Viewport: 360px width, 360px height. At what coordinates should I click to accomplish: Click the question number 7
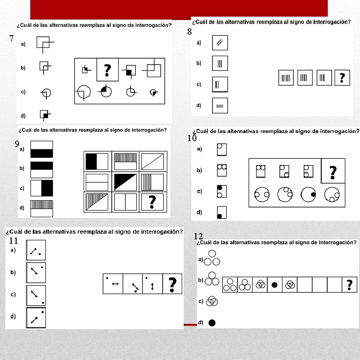coord(12,38)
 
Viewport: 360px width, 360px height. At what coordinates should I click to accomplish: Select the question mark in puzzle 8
coord(342,78)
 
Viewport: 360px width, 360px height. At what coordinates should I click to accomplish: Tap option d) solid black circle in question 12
coord(212,323)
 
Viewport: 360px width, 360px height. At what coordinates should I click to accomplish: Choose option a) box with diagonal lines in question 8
coord(220,42)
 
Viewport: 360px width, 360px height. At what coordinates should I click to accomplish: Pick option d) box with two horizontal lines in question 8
coord(220,106)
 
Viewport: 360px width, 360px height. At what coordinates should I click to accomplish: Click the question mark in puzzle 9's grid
coord(152,202)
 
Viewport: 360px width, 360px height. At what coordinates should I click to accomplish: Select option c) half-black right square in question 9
coord(42,188)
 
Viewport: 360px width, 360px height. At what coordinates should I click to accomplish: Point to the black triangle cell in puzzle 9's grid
coord(126,182)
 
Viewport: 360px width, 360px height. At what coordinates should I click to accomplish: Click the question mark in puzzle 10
coord(333,172)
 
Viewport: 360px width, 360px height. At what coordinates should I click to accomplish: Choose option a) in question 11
coord(36,250)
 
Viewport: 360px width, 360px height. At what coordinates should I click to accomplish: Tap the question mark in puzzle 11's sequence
coord(172,284)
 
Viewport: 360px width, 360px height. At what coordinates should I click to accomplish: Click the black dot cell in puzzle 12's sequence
coord(275,285)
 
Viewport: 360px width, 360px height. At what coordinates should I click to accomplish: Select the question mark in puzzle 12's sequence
coord(349,285)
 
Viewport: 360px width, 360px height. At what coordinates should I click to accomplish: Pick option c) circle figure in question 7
coord(46,93)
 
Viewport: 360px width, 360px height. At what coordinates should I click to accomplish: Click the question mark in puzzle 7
coord(107,70)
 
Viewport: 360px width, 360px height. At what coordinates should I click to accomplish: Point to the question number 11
coord(14,241)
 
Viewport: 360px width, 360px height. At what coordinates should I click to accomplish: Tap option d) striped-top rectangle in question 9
coord(42,209)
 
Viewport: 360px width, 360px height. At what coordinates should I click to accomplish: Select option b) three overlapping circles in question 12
coord(212,279)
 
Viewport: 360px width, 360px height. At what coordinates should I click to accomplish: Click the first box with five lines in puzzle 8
coord(286,78)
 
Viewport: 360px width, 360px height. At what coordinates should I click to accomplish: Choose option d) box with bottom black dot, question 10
coord(222,212)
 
